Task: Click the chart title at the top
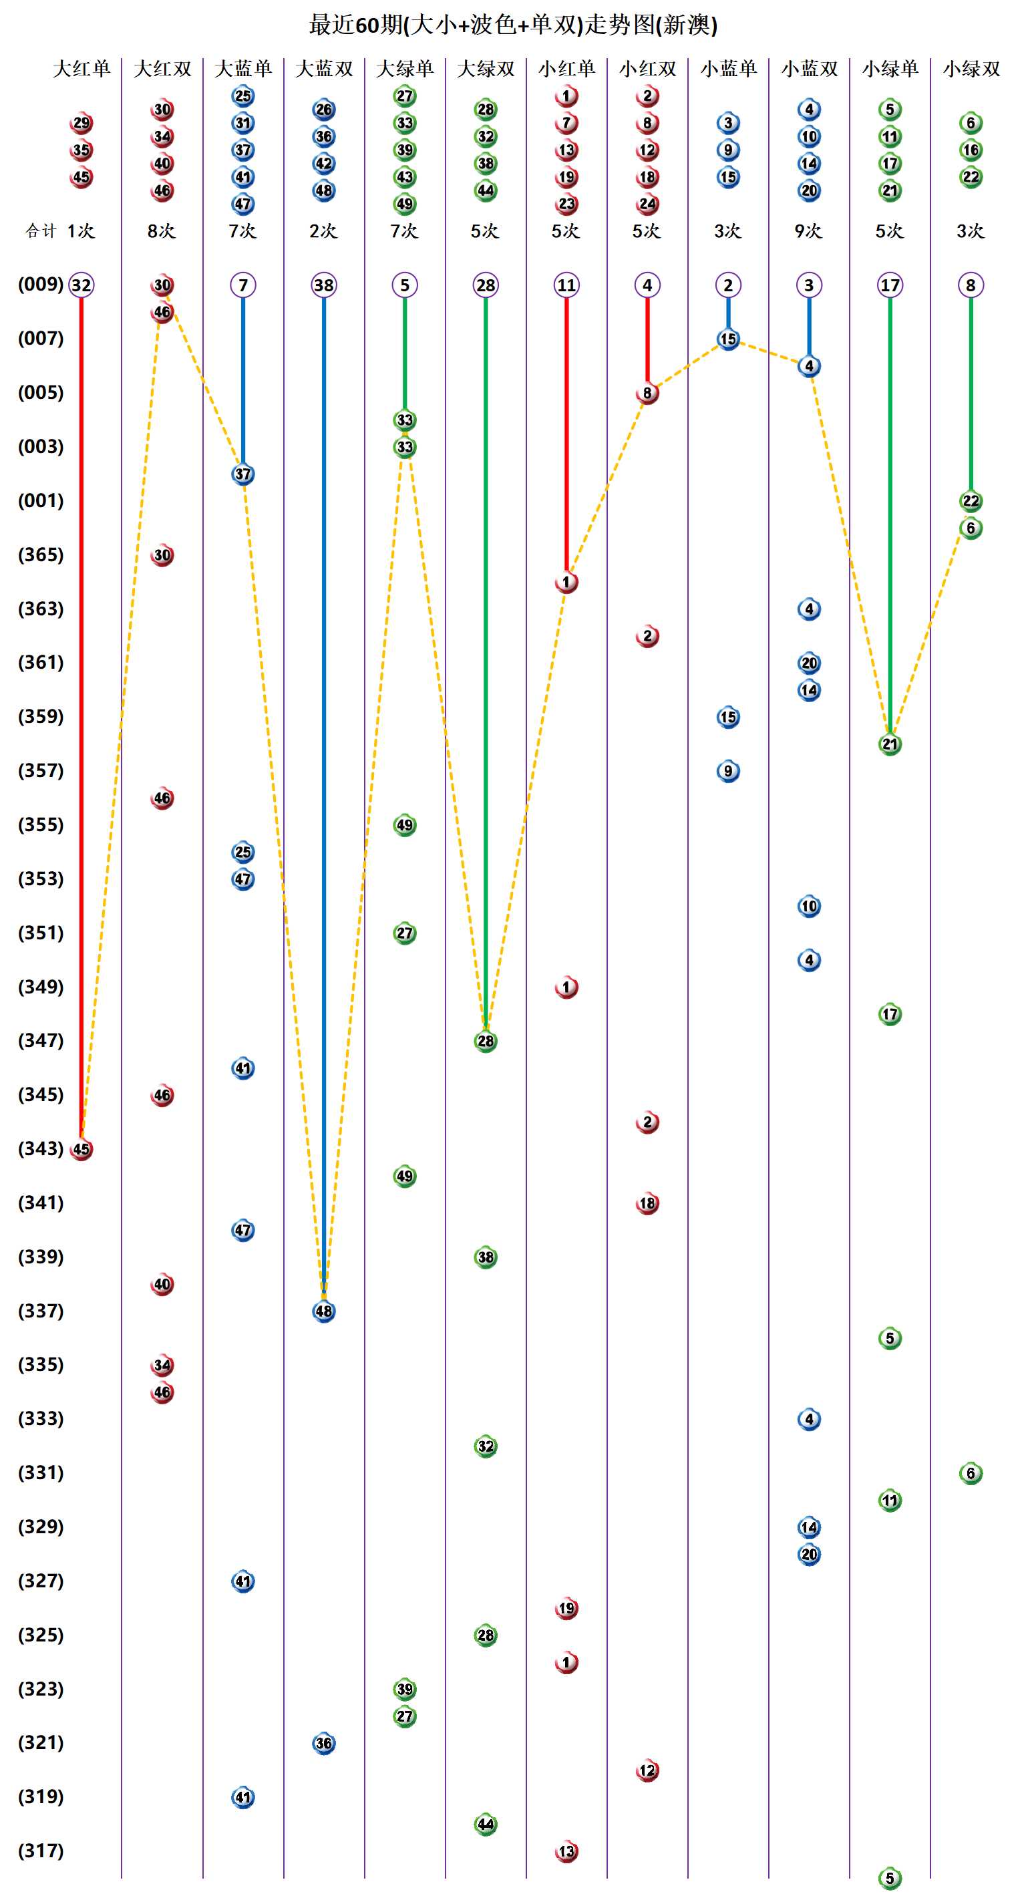coord(513,25)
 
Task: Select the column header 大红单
coord(81,69)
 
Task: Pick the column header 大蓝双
coord(324,69)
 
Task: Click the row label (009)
coord(41,284)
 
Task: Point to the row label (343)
coord(41,1148)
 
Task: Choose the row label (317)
coord(41,1850)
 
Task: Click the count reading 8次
coord(162,231)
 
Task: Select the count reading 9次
coord(808,231)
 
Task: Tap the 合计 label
coord(41,231)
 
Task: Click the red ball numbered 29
coord(81,123)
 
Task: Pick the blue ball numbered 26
coord(324,110)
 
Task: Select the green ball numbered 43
coord(405,177)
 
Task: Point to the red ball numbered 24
coord(647,204)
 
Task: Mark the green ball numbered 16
coord(971,150)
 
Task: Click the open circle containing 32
coord(81,285)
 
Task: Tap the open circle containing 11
coord(566,285)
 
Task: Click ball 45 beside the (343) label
coord(81,1149)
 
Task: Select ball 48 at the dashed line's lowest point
coord(324,1311)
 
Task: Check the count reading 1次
coord(81,231)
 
